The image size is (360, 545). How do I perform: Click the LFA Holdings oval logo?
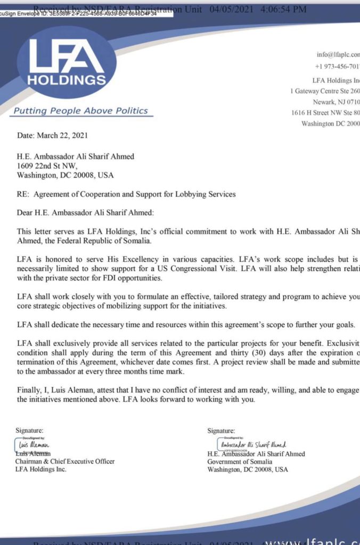click(x=67, y=62)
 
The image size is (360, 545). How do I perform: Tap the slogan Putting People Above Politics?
click(x=80, y=111)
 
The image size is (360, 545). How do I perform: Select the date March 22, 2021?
click(x=52, y=136)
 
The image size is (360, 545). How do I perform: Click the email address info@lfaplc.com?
click(x=338, y=54)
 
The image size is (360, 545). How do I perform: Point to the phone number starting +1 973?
click(x=338, y=66)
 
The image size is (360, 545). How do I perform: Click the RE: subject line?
click(x=126, y=194)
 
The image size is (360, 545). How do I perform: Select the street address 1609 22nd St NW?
click(x=50, y=166)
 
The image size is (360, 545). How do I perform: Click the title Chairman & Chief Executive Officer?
click(x=64, y=461)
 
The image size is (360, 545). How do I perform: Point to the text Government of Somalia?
click(x=237, y=461)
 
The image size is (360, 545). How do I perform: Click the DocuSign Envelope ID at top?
click(x=80, y=14)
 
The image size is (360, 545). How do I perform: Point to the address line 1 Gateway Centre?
click(x=325, y=91)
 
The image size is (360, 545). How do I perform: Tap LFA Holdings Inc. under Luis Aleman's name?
click(x=41, y=469)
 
